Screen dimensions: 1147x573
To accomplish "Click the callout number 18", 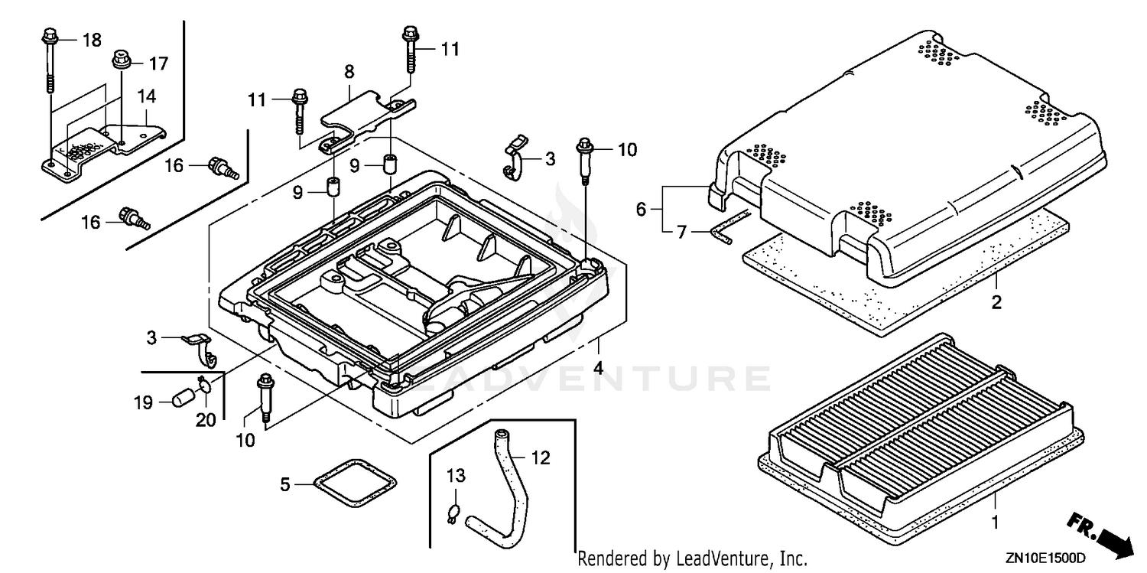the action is pyautogui.click(x=93, y=40).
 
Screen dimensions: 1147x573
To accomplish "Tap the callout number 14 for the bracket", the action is pyautogui.click(x=147, y=96).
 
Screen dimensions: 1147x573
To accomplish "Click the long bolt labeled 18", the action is pyautogui.click(x=50, y=60).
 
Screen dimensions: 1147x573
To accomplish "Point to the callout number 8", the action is pyautogui.click(x=349, y=72).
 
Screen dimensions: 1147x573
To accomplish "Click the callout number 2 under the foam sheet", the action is pyautogui.click(x=996, y=302).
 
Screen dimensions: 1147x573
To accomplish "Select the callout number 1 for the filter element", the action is pyautogui.click(x=995, y=523).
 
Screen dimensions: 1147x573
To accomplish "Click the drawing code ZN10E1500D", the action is pyautogui.click(x=1045, y=558).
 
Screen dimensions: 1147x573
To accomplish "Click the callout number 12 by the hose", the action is pyautogui.click(x=541, y=457).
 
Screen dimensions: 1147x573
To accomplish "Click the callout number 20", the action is pyautogui.click(x=206, y=420).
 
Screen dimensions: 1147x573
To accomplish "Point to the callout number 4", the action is pyautogui.click(x=598, y=368).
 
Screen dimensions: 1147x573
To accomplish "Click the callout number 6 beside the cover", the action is pyautogui.click(x=641, y=209).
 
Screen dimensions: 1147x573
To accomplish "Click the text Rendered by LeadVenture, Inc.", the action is pyautogui.click(x=692, y=558).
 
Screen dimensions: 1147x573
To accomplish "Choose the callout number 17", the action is pyautogui.click(x=159, y=63).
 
